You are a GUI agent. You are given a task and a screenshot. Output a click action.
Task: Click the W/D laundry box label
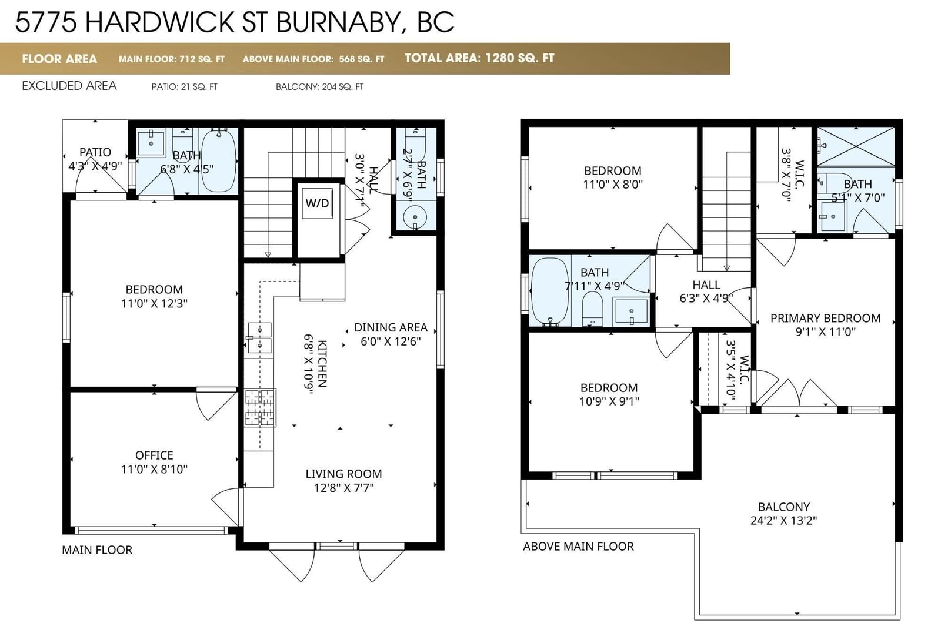pos(317,203)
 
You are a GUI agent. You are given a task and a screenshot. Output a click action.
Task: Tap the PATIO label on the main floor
pos(95,152)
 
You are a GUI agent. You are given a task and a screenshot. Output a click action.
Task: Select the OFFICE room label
pos(154,455)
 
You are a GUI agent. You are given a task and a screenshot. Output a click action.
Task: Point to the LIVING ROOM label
pos(343,474)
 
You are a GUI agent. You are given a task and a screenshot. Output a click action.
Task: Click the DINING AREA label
pos(391,327)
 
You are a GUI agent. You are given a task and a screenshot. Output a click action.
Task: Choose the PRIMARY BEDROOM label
pos(826,318)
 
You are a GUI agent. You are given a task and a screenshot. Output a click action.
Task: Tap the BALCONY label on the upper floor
pos(784,507)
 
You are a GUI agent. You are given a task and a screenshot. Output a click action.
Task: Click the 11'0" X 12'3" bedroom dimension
pos(154,303)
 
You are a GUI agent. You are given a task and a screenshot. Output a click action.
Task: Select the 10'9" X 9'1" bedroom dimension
pos(609,401)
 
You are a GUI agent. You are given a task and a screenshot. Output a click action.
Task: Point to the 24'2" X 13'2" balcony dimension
pos(784,520)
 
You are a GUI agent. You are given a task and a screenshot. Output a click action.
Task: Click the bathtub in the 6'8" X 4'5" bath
pos(218,159)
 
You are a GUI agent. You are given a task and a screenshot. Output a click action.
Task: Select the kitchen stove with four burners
pos(261,407)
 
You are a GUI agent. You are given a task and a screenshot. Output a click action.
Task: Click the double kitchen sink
pos(259,338)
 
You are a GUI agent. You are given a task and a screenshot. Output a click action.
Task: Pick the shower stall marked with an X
pos(856,146)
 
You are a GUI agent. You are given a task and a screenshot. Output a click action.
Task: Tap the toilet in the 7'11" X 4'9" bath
pos(592,309)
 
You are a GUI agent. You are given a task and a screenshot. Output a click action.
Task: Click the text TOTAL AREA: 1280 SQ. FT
pos(479,58)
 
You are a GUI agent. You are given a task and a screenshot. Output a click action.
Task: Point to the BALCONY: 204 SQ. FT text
pos(319,87)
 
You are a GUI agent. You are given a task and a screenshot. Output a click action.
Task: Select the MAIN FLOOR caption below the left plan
pos(97,549)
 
